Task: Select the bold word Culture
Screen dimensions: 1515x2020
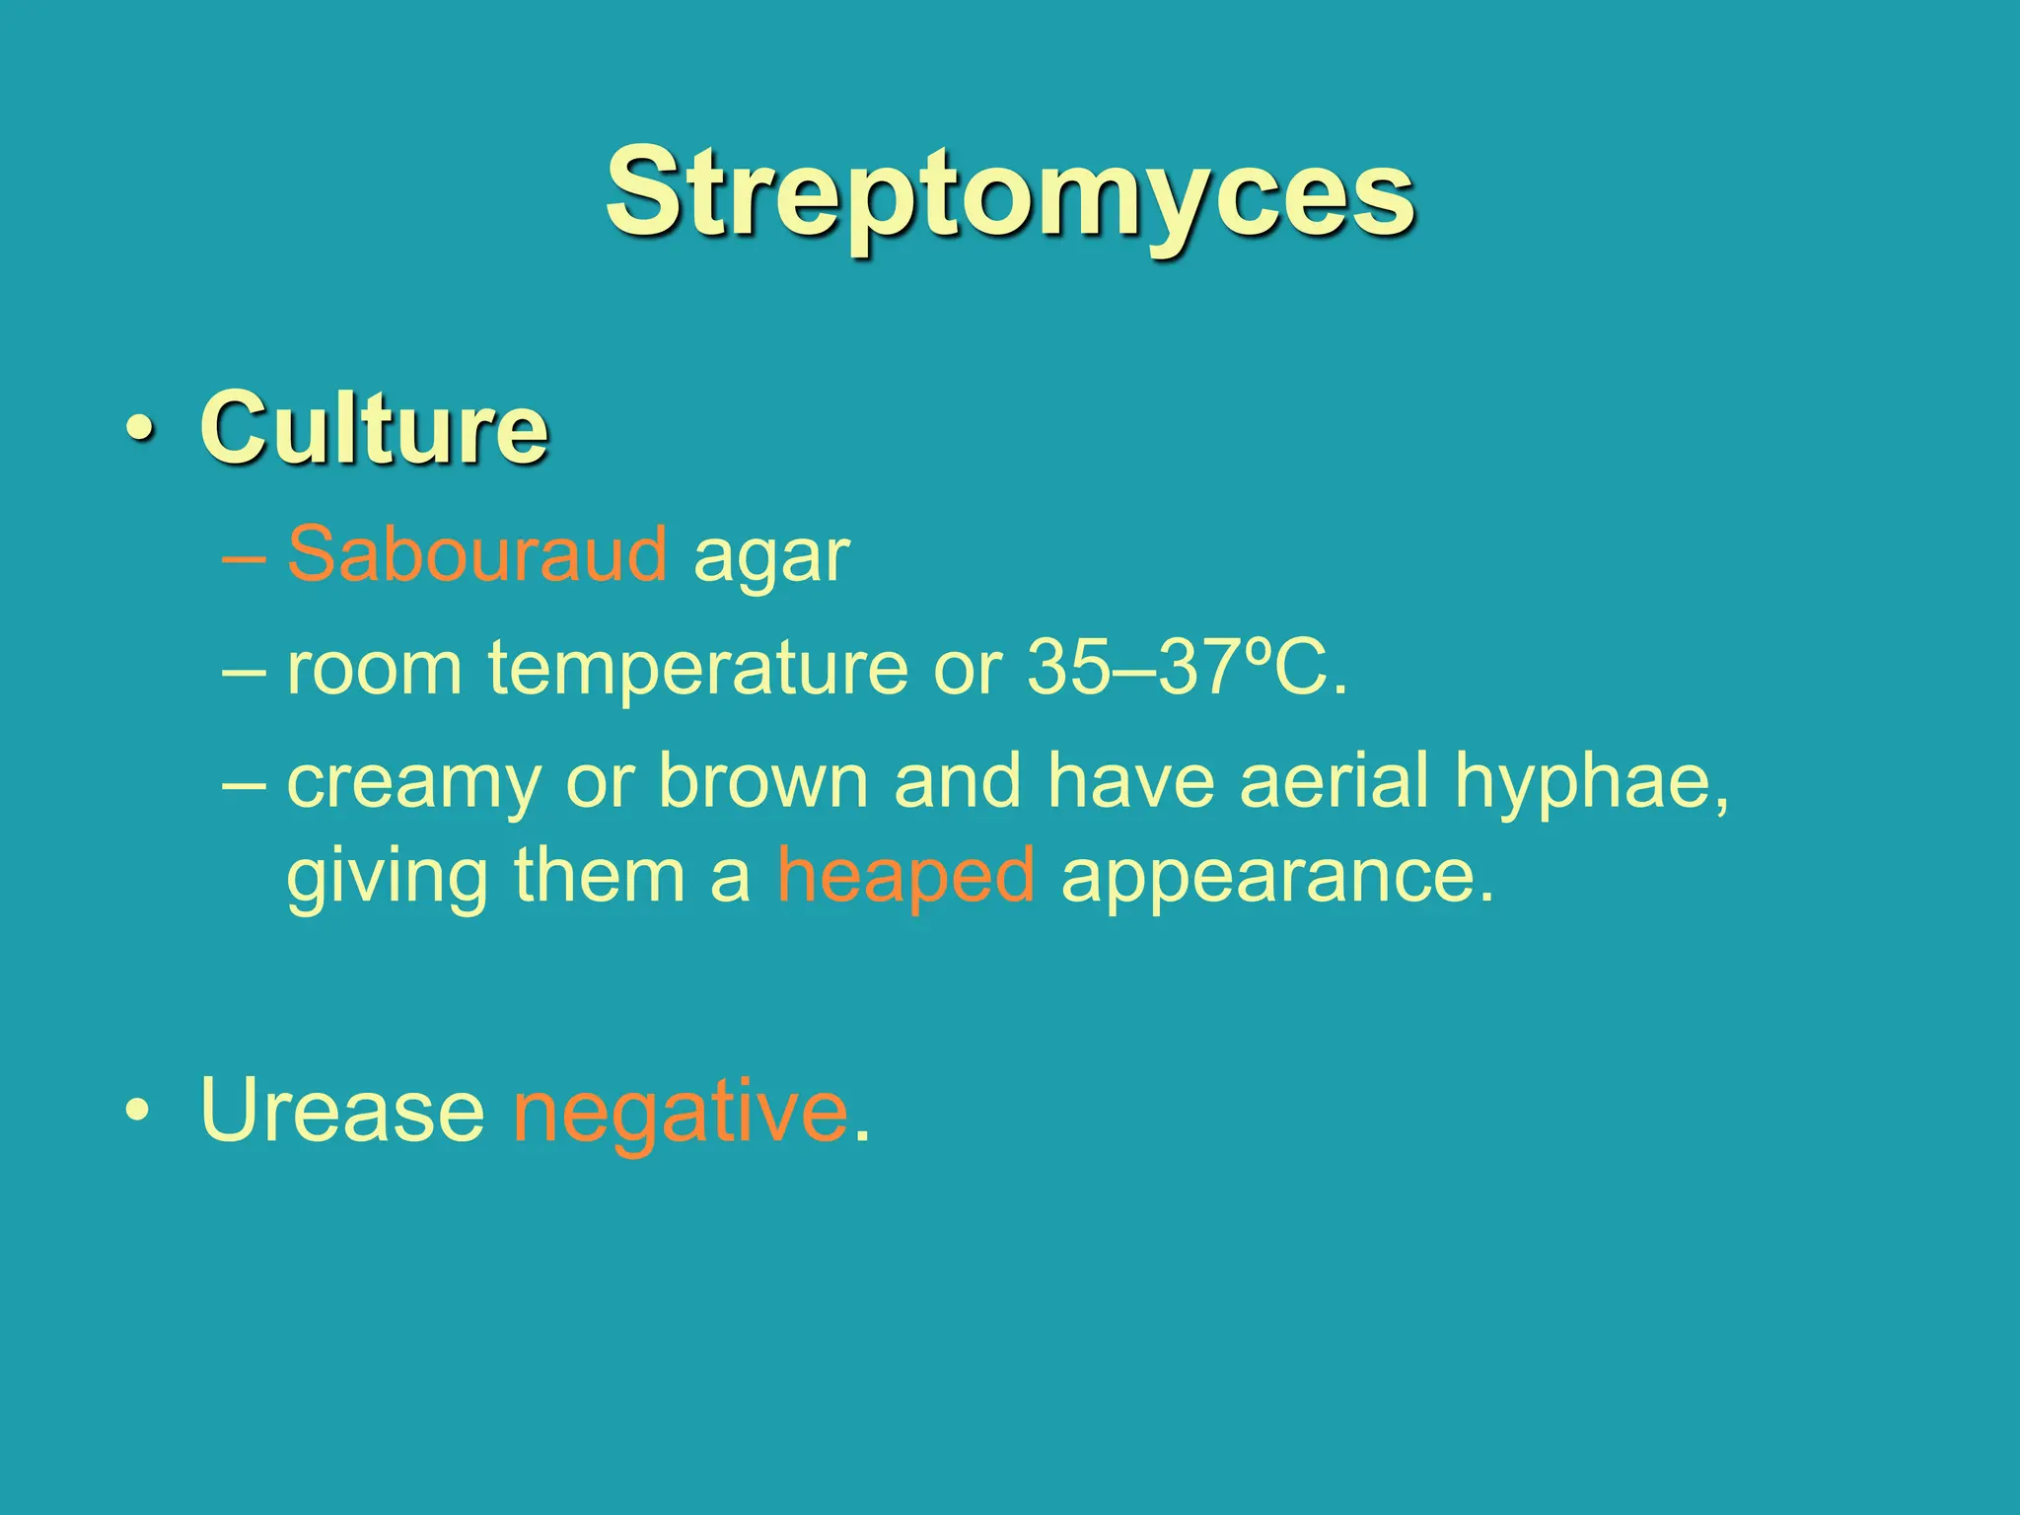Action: tap(374, 428)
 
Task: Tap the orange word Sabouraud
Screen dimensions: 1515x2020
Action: tap(477, 554)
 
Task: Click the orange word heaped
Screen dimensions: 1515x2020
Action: tap(905, 876)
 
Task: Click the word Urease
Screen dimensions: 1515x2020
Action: tap(342, 1111)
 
